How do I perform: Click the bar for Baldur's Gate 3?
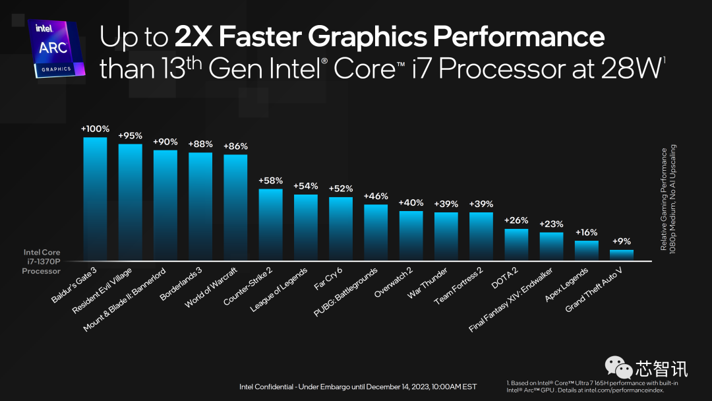click(x=95, y=198)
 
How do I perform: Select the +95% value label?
click(x=130, y=136)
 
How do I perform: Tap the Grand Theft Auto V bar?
click(x=621, y=255)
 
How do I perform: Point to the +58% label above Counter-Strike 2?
click(x=270, y=181)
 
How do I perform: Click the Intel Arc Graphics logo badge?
click(x=57, y=47)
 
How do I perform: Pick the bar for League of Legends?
click(x=305, y=227)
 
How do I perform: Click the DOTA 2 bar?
click(x=516, y=244)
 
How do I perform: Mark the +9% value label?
click(x=621, y=241)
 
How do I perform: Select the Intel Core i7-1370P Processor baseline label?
click(x=42, y=261)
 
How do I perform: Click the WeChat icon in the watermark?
click(x=618, y=367)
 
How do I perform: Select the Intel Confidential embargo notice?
click(x=357, y=386)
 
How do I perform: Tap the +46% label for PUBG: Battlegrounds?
click(x=376, y=196)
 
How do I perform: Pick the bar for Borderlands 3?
click(x=200, y=206)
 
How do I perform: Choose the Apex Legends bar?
click(x=586, y=250)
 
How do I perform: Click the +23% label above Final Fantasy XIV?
click(x=551, y=224)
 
